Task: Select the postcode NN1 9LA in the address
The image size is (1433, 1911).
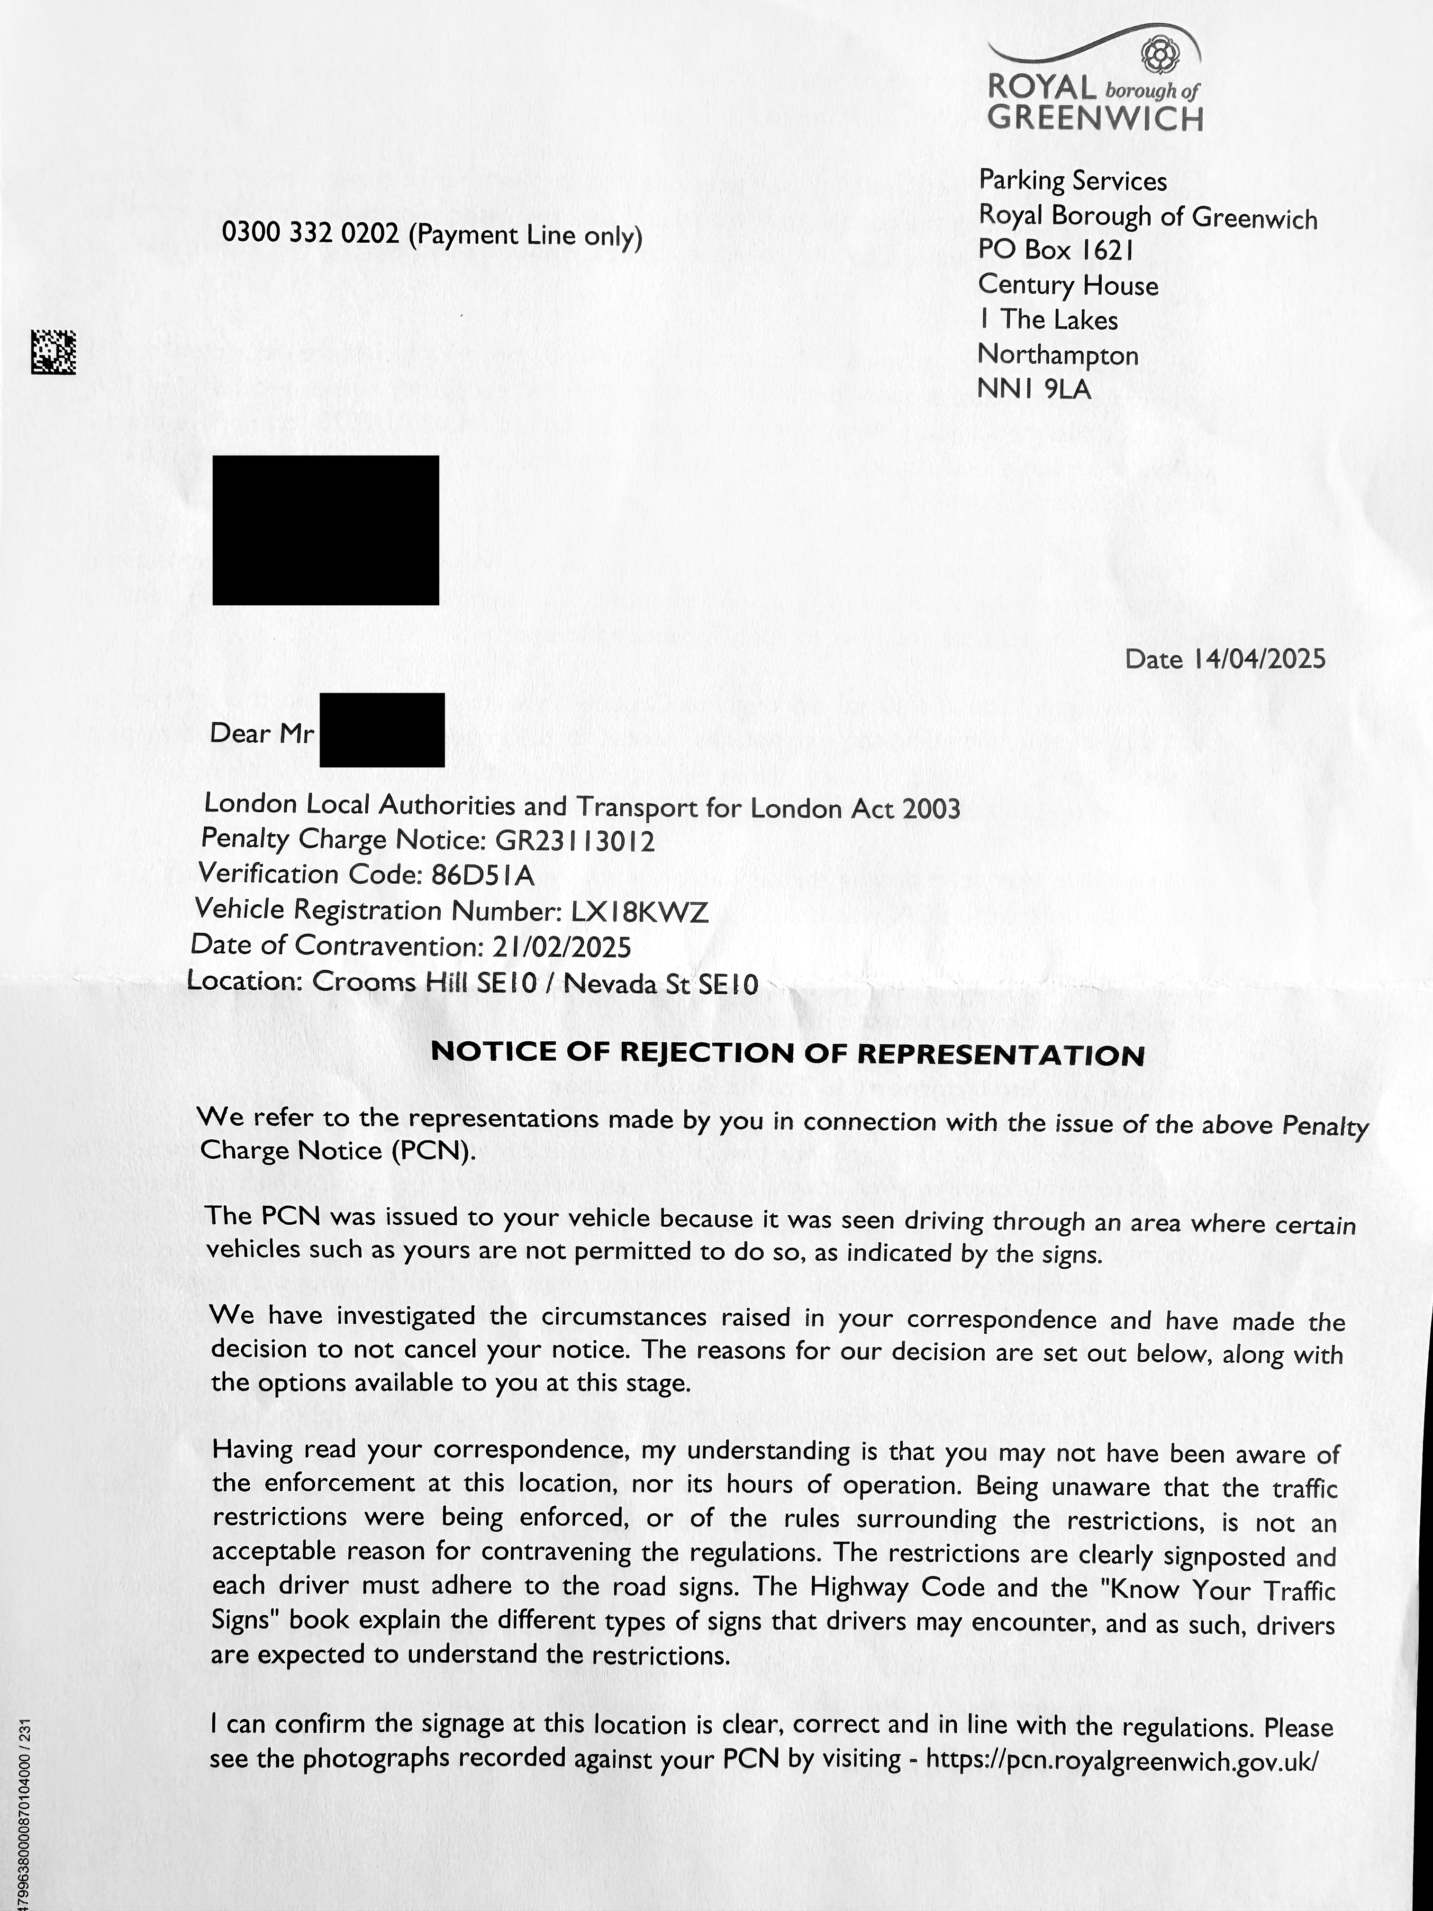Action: coord(1034,390)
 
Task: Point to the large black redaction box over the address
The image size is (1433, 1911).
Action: coord(326,529)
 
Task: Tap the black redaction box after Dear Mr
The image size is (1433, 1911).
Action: coord(382,730)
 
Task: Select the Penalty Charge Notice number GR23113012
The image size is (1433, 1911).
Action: coord(574,841)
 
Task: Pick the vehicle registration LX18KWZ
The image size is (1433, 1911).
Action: coord(640,911)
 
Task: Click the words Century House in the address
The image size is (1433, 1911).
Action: coord(1068,285)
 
